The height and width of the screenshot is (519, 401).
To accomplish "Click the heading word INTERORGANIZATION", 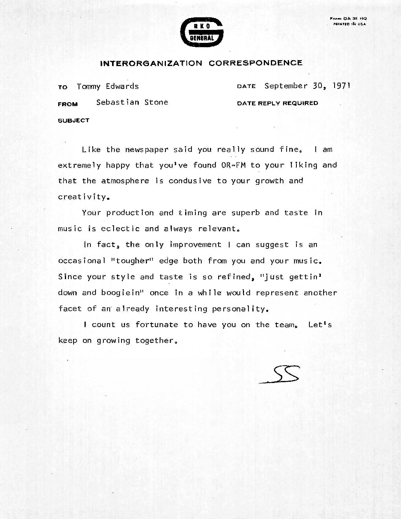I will (151, 63).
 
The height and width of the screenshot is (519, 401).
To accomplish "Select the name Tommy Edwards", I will (108, 86).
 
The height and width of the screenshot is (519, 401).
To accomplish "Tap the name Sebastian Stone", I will (132, 102).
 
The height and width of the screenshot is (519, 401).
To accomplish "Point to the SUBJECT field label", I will (74, 120).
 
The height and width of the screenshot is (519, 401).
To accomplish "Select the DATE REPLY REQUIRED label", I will (278, 103).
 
